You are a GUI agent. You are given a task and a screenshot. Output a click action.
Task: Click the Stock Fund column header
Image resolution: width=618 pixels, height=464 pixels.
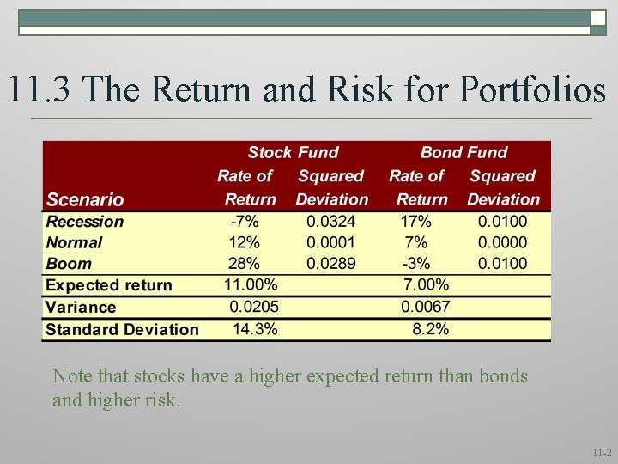293,153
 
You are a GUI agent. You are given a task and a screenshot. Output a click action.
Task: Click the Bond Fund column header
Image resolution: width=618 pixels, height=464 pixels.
463,153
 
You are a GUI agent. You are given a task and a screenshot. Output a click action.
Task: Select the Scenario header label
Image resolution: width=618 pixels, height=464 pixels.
85,199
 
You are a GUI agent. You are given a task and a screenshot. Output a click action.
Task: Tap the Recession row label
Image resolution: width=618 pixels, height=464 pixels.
85,222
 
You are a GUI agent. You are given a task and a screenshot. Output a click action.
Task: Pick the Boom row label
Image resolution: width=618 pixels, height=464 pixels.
69,264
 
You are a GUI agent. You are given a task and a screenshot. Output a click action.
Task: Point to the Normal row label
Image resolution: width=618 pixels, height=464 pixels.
74,243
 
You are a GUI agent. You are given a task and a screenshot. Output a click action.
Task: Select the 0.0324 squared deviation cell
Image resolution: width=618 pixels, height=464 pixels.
330,222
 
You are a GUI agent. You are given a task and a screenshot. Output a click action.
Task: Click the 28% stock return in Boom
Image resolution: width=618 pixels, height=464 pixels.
244,264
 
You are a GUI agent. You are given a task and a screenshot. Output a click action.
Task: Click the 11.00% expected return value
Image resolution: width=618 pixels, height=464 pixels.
251,285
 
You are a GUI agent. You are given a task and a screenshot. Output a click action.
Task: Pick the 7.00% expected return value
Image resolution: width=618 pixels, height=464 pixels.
426,285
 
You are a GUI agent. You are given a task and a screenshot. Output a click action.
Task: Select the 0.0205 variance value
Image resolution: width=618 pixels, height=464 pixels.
253,307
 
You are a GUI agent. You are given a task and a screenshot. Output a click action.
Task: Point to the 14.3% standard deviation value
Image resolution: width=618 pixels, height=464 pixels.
255,329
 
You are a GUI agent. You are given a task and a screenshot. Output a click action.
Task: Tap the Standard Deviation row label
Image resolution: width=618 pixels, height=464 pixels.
122,329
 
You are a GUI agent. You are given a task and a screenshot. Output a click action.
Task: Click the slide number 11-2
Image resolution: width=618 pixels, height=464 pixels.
601,452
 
